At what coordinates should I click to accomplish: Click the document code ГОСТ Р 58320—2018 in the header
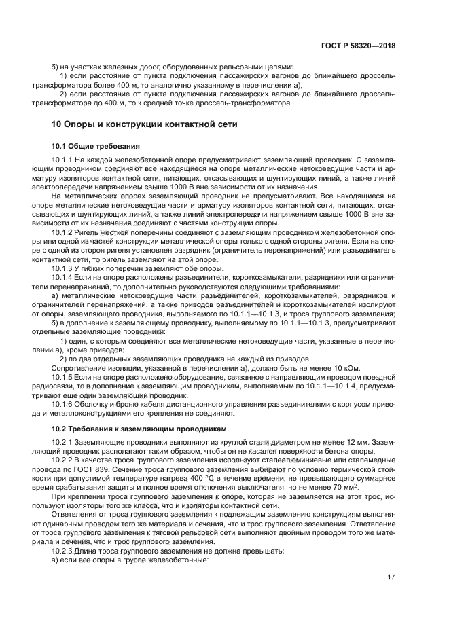coord(358,46)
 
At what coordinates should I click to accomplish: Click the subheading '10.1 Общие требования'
coord(96,146)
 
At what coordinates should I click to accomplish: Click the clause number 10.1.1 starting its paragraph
coord(62,160)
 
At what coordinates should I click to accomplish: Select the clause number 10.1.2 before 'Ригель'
coord(62,233)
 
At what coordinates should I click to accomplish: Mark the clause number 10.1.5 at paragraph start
coord(62,376)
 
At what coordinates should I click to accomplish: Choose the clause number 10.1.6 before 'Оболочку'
coord(62,403)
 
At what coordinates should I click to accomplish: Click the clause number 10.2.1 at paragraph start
coord(62,443)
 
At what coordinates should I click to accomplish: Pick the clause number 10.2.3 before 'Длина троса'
coord(62,551)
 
